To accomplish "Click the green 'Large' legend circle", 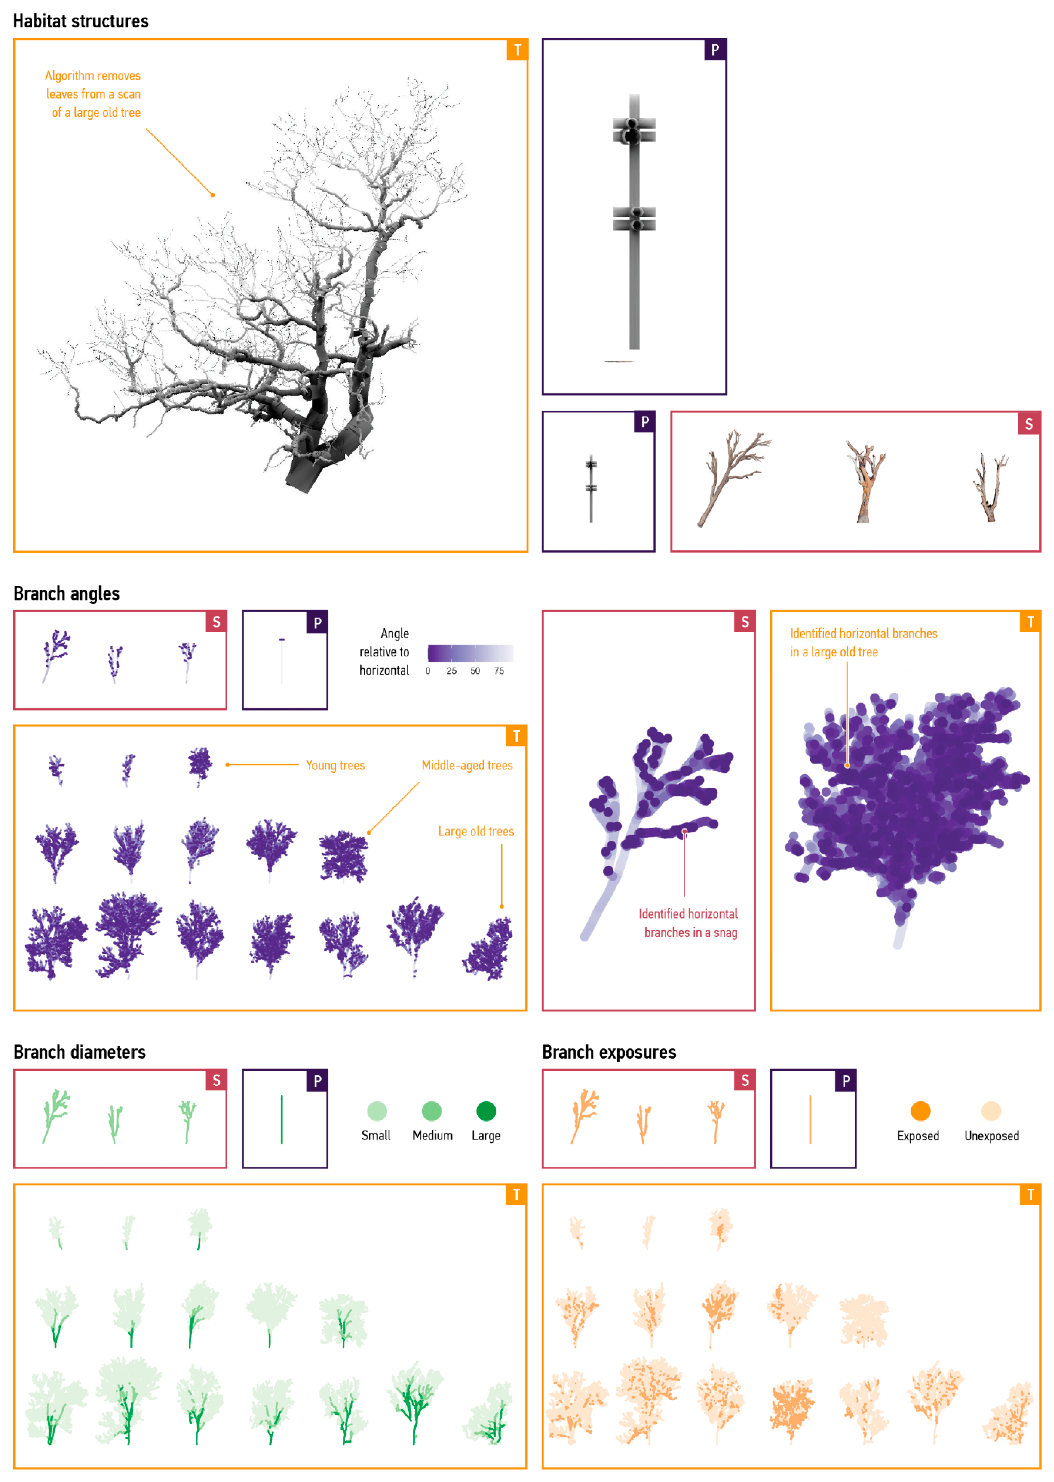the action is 486,1111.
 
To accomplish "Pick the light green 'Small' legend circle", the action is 377,1111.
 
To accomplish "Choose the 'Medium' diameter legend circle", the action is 431,1111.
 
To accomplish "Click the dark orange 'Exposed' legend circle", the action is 920,1111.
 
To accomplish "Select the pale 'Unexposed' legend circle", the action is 991,1111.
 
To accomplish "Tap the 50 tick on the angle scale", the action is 475,671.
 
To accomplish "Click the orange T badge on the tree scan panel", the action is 517,50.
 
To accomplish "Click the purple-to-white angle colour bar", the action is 470,653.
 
